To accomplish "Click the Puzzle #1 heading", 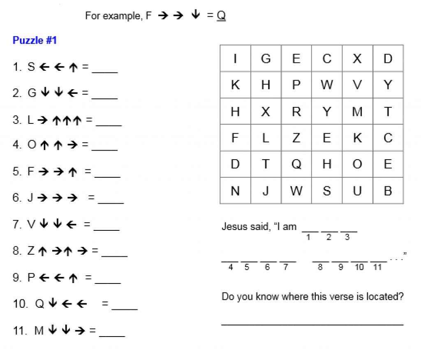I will pyautogui.click(x=35, y=40).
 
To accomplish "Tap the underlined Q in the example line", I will pyautogui.click(x=221, y=16).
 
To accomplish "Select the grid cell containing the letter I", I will pyautogui.click(x=235, y=59).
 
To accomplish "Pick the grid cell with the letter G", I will pyautogui.click(x=266, y=59).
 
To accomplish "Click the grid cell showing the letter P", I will pyautogui.click(x=296, y=85).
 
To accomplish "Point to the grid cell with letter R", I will pyautogui.click(x=296, y=111).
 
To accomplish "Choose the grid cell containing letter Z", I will pyautogui.click(x=296, y=138).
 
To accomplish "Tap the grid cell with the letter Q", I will pyautogui.click(x=296, y=164).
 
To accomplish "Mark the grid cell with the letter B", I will pyautogui.click(x=388, y=190).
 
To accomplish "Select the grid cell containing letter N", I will pyautogui.click(x=235, y=190).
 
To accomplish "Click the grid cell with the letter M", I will pyautogui.click(x=357, y=111).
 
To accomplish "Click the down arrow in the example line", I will pyautogui.click(x=196, y=15).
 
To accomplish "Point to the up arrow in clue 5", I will pyautogui.click(x=73, y=172).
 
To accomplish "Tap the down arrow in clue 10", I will pyautogui.click(x=52, y=304).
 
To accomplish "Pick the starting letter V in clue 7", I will pyautogui.click(x=31, y=225).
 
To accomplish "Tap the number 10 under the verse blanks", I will pyautogui.click(x=359, y=267).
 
